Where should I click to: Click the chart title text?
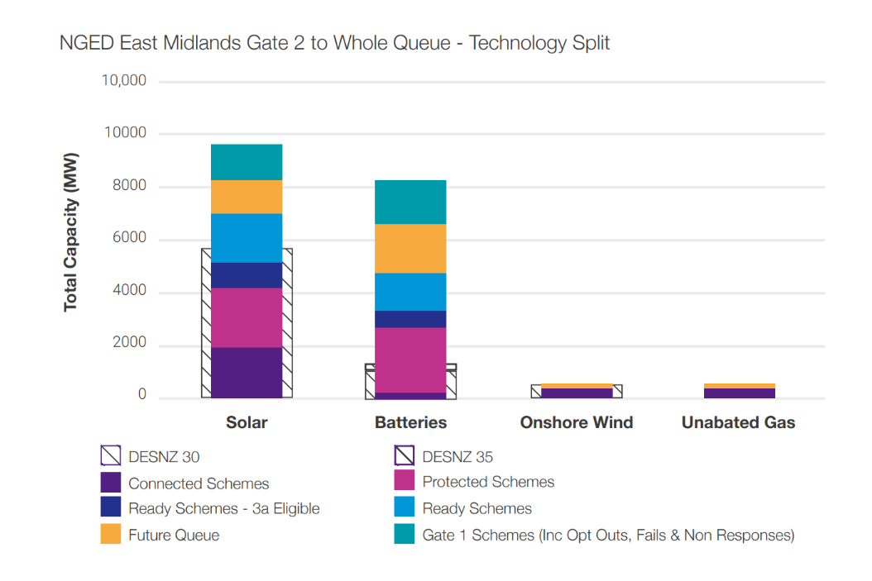[334, 43]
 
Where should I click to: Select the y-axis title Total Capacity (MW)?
[71, 232]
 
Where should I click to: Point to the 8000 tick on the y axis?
[129, 187]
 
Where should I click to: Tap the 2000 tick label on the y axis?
[129, 343]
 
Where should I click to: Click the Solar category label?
[247, 422]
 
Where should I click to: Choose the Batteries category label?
[410, 422]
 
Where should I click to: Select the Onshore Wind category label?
[576, 422]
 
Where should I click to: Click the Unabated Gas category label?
[738, 422]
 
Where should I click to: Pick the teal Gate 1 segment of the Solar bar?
[247, 162]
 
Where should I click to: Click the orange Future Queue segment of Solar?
[247, 197]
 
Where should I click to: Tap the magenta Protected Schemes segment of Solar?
[247, 317]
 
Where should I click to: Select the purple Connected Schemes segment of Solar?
[247, 372]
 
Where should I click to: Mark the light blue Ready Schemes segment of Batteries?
[410, 292]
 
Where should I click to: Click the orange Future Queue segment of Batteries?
[410, 248]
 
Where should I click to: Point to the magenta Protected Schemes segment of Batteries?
[410, 360]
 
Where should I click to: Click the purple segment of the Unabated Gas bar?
[738, 393]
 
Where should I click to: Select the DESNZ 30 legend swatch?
[111, 456]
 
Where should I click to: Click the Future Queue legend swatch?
[111, 535]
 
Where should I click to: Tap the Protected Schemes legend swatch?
[405, 481]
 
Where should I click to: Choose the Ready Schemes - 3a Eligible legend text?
[223, 509]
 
